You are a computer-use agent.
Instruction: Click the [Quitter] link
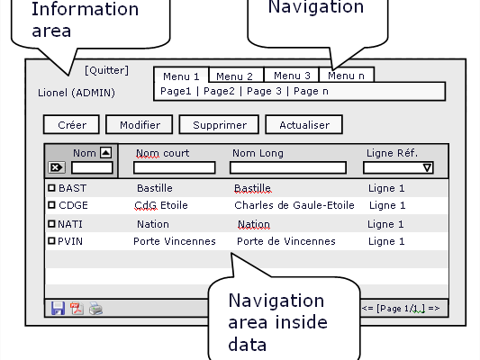[106, 70]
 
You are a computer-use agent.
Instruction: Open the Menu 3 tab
[292, 75]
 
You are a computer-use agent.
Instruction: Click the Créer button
[72, 124]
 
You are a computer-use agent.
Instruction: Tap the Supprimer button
[219, 124]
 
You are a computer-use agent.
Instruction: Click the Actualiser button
[304, 124]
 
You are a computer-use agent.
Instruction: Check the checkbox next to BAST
[51, 188]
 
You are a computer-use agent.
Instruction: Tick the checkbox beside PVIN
[51, 240]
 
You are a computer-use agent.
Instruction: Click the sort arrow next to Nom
[106, 152]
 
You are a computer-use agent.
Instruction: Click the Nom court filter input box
[175, 167]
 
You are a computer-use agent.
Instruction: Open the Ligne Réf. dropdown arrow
[428, 167]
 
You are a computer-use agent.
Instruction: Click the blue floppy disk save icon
[58, 308]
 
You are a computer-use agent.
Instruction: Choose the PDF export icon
[77, 309]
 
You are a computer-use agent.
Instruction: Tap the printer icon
[95, 309]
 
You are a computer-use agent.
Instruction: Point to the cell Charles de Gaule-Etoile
[294, 205]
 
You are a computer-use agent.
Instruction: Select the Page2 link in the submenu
[219, 91]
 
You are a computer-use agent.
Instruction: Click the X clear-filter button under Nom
[57, 167]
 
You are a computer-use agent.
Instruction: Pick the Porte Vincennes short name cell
[175, 241]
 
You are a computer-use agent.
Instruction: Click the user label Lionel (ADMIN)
[77, 93]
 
